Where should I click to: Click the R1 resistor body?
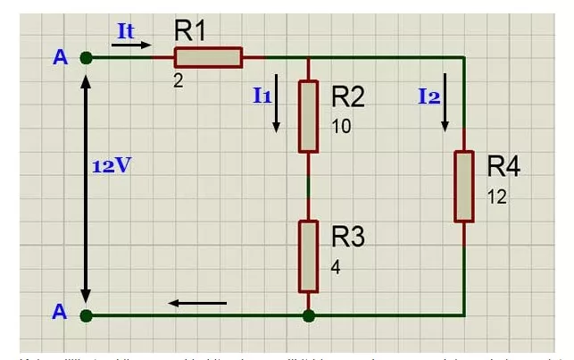(x=207, y=58)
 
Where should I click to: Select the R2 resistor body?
(x=308, y=116)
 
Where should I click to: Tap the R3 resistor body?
(x=308, y=255)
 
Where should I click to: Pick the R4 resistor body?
(x=464, y=187)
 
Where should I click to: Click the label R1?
(x=189, y=30)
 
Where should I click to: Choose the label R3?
(x=349, y=237)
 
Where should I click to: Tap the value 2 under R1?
(x=179, y=80)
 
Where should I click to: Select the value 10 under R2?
(x=341, y=126)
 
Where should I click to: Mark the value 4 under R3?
(x=336, y=266)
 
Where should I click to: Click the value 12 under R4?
(x=497, y=197)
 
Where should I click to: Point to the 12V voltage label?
(x=112, y=166)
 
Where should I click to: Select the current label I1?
(x=262, y=95)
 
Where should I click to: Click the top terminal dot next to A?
(x=86, y=58)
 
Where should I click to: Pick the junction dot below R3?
(x=308, y=314)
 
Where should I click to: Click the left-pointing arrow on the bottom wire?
(x=197, y=303)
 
